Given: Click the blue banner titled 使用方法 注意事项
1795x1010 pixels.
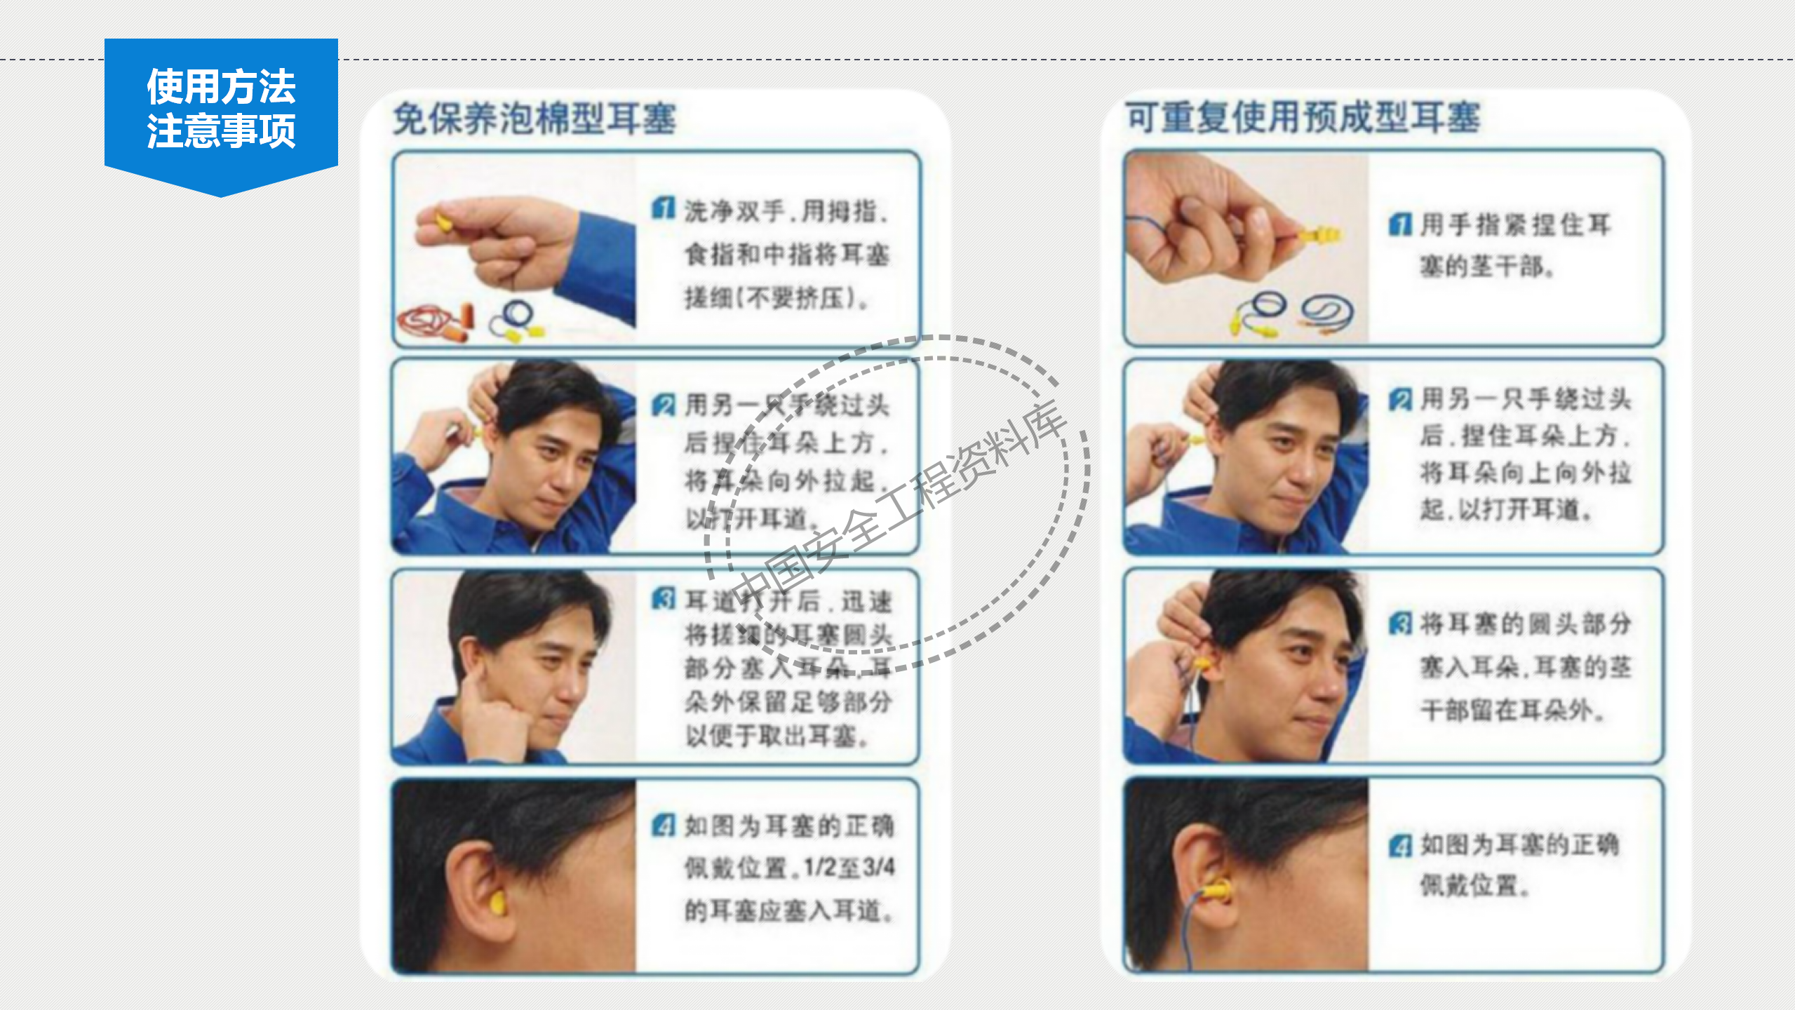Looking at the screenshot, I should (x=221, y=109).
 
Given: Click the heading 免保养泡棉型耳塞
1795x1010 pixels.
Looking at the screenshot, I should (x=535, y=118).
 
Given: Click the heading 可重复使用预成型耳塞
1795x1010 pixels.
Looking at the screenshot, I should (x=1303, y=117).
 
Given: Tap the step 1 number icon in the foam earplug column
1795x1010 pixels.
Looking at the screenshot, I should (x=663, y=208).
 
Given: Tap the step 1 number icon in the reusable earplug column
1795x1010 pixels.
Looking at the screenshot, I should (x=1400, y=224).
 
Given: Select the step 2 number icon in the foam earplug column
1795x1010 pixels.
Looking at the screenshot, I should (x=663, y=405).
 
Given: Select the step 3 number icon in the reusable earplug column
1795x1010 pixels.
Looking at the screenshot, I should (x=1400, y=623).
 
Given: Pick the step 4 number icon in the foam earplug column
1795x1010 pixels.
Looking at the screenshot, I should (x=663, y=825).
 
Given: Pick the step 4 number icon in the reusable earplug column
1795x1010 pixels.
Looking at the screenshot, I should (x=1400, y=845).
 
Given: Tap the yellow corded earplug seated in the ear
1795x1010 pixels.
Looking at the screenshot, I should (x=1217, y=891).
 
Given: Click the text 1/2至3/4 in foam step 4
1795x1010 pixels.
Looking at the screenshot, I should (x=849, y=868).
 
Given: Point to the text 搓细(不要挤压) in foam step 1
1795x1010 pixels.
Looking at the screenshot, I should (x=776, y=298).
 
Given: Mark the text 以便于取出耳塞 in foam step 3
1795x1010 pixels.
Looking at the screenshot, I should (x=776, y=736).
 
